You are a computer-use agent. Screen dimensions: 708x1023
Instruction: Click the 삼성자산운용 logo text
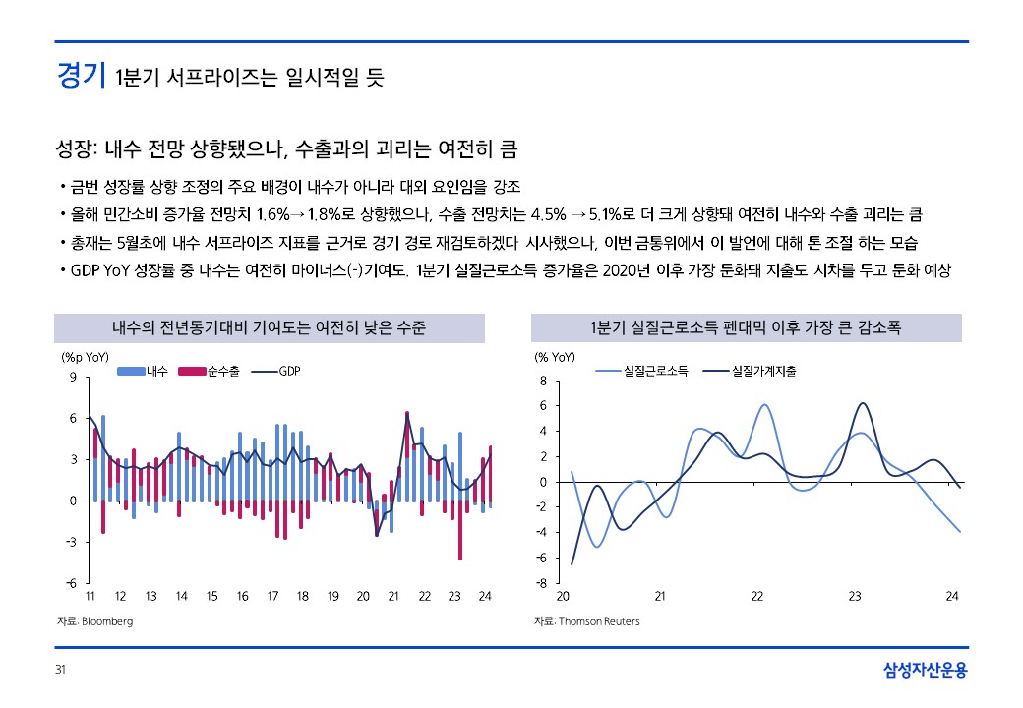pyautogui.click(x=926, y=672)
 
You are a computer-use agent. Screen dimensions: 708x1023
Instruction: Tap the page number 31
pyautogui.click(x=60, y=672)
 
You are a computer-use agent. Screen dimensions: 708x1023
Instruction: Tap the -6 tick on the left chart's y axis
pyautogui.click(x=72, y=583)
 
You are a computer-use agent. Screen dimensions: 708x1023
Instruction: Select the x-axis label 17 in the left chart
pyautogui.click(x=272, y=597)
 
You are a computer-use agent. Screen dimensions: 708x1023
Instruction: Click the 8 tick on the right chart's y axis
pyautogui.click(x=542, y=381)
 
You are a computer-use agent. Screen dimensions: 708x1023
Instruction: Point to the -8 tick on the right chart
pyautogui.click(x=540, y=583)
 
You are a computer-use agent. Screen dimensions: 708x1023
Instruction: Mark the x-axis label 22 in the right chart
pyautogui.click(x=757, y=597)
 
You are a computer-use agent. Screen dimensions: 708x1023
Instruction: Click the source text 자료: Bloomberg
pyautogui.click(x=94, y=621)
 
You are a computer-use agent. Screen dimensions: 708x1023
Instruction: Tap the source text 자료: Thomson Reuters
pyautogui.click(x=587, y=621)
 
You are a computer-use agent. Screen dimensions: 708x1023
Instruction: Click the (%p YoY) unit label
pyautogui.click(x=86, y=357)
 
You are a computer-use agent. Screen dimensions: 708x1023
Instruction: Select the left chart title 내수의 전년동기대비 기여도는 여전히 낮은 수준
pyautogui.click(x=269, y=327)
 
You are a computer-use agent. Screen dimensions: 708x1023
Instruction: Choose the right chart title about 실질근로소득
pyautogui.click(x=746, y=327)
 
